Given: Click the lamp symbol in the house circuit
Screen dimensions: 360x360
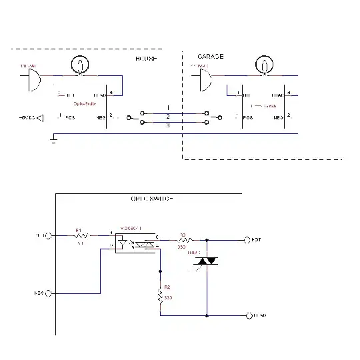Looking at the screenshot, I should (x=81, y=65).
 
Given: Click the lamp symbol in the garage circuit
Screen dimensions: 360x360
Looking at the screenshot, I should (x=265, y=65).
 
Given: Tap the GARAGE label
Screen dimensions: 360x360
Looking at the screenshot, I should (x=211, y=57).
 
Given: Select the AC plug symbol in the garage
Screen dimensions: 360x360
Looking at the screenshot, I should (x=205, y=79).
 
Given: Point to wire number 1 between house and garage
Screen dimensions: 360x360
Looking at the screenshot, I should (x=168, y=107).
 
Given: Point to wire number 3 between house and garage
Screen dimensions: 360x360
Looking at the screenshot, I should (x=168, y=125).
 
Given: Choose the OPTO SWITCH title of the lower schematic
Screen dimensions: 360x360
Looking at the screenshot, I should (x=152, y=199).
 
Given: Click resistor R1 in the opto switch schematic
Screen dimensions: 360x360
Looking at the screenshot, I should (x=80, y=235).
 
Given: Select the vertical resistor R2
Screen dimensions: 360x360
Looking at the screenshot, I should (x=160, y=295).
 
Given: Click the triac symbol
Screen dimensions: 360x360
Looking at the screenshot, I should (x=207, y=261).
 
